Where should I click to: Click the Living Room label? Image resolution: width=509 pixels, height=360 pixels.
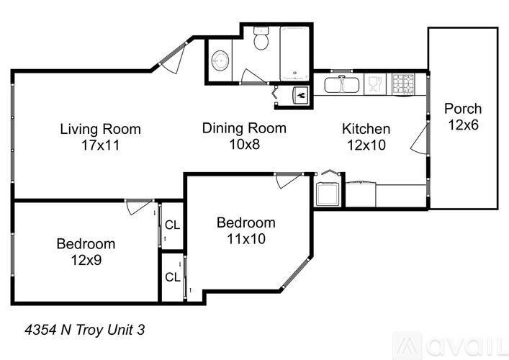point(100,130)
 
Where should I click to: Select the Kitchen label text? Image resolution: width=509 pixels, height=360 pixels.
point(366,130)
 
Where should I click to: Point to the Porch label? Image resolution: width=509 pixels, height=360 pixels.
point(463,109)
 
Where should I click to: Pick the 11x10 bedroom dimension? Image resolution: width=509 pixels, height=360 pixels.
point(246,238)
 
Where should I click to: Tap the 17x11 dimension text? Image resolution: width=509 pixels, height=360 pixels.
point(100,145)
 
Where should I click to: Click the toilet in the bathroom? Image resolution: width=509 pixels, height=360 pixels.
point(263,39)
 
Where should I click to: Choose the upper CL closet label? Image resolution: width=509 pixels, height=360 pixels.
point(172,225)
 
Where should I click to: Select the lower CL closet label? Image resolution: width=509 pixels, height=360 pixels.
point(172,276)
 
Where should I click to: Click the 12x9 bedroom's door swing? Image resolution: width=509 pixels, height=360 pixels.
point(137,207)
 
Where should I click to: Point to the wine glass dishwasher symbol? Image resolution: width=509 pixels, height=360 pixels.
point(375,85)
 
